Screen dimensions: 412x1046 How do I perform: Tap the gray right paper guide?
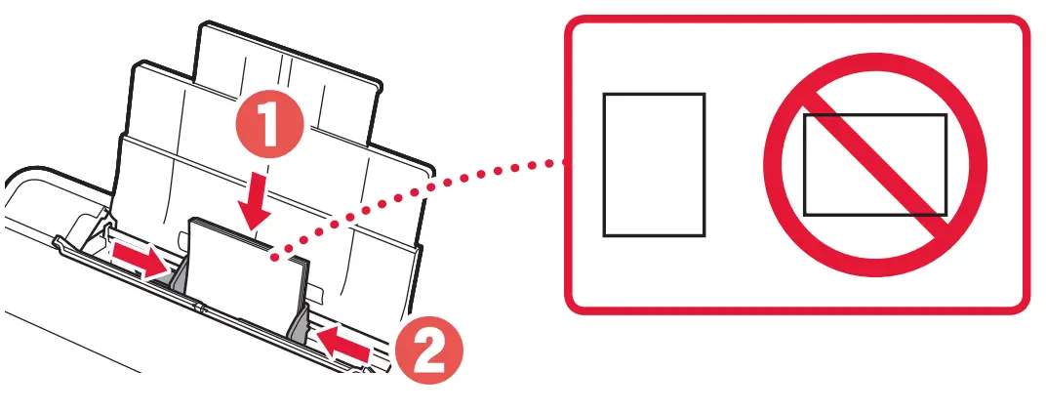click(299, 322)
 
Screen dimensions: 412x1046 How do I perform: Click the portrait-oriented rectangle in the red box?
click(654, 165)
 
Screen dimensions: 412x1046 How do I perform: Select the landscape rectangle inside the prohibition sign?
click(874, 165)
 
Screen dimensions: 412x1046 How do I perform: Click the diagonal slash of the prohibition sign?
click(874, 165)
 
